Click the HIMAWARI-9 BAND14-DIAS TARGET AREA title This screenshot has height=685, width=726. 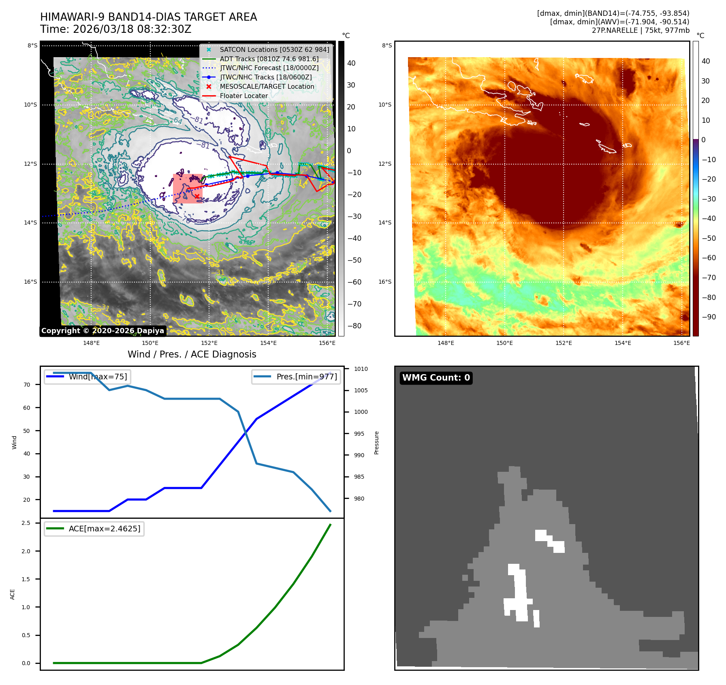[x=148, y=17]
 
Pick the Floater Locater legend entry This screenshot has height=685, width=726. [x=243, y=96]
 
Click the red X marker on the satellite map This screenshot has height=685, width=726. [x=197, y=197]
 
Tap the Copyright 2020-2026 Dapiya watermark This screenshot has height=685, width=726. [x=102, y=331]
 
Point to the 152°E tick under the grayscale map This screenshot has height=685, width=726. [x=209, y=343]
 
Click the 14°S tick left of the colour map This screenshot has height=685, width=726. [x=385, y=223]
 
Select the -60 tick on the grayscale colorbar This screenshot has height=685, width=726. [x=354, y=282]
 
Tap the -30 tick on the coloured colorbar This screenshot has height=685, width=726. [x=709, y=199]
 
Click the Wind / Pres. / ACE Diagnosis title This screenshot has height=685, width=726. [x=192, y=354]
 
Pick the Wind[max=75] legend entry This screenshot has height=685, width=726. [x=98, y=377]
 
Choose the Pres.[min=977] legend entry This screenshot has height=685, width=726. [x=306, y=377]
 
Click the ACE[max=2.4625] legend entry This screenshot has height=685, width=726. [x=104, y=529]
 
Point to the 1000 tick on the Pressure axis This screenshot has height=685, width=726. [x=361, y=412]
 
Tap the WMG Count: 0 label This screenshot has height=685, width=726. [x=436, y=378]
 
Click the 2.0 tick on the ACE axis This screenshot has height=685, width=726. [x=26, y=551]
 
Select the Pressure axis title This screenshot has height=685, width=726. [x=376, y=443]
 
